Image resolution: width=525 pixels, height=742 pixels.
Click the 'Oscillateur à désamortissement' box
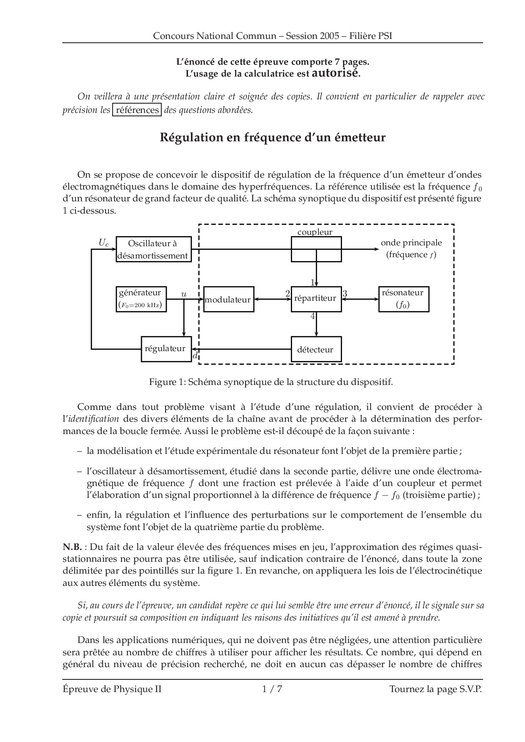coord(153,249)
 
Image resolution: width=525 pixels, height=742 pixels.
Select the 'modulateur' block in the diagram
coord(229,300)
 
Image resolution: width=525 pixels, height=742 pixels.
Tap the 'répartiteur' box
coord(316,299)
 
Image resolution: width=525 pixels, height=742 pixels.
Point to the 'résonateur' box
coord(403,299)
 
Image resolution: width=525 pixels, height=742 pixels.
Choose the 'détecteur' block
coord(316,349)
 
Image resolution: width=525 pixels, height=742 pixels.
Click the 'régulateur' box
coord(166,349)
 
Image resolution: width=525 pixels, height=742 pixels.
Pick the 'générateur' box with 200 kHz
coord(141,299)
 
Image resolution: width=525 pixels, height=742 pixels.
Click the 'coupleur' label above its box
coord(315,232)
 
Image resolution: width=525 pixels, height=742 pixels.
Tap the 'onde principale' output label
coord(411,243)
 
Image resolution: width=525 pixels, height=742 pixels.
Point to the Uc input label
coord(104,242)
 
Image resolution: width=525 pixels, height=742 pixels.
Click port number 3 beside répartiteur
coord(345,293)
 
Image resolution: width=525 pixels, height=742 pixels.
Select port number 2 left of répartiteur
coord(287,293)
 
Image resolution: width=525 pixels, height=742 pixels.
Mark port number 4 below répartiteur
coord(312,316)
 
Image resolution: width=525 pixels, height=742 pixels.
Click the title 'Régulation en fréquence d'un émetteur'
coord(273,137)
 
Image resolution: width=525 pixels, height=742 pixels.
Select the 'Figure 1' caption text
coord(271,382)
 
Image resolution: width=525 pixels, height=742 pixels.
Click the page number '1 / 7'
coord(272,689)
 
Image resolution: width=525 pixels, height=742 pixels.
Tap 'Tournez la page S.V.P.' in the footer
coord(436,689)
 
